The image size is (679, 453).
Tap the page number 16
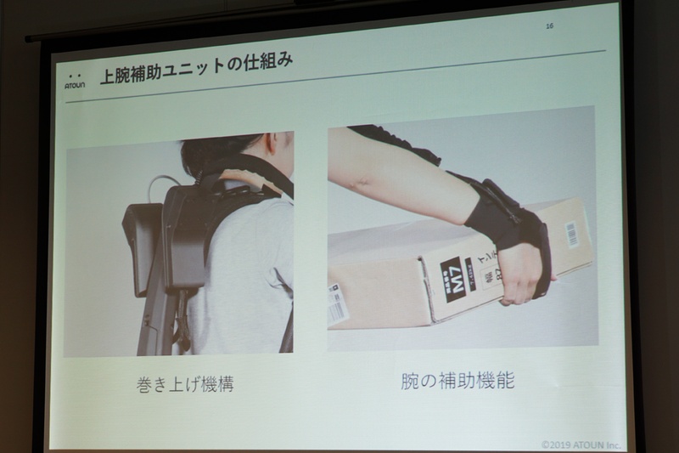549,26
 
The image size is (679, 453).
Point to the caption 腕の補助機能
457,381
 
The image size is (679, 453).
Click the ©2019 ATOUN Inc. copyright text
582,443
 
